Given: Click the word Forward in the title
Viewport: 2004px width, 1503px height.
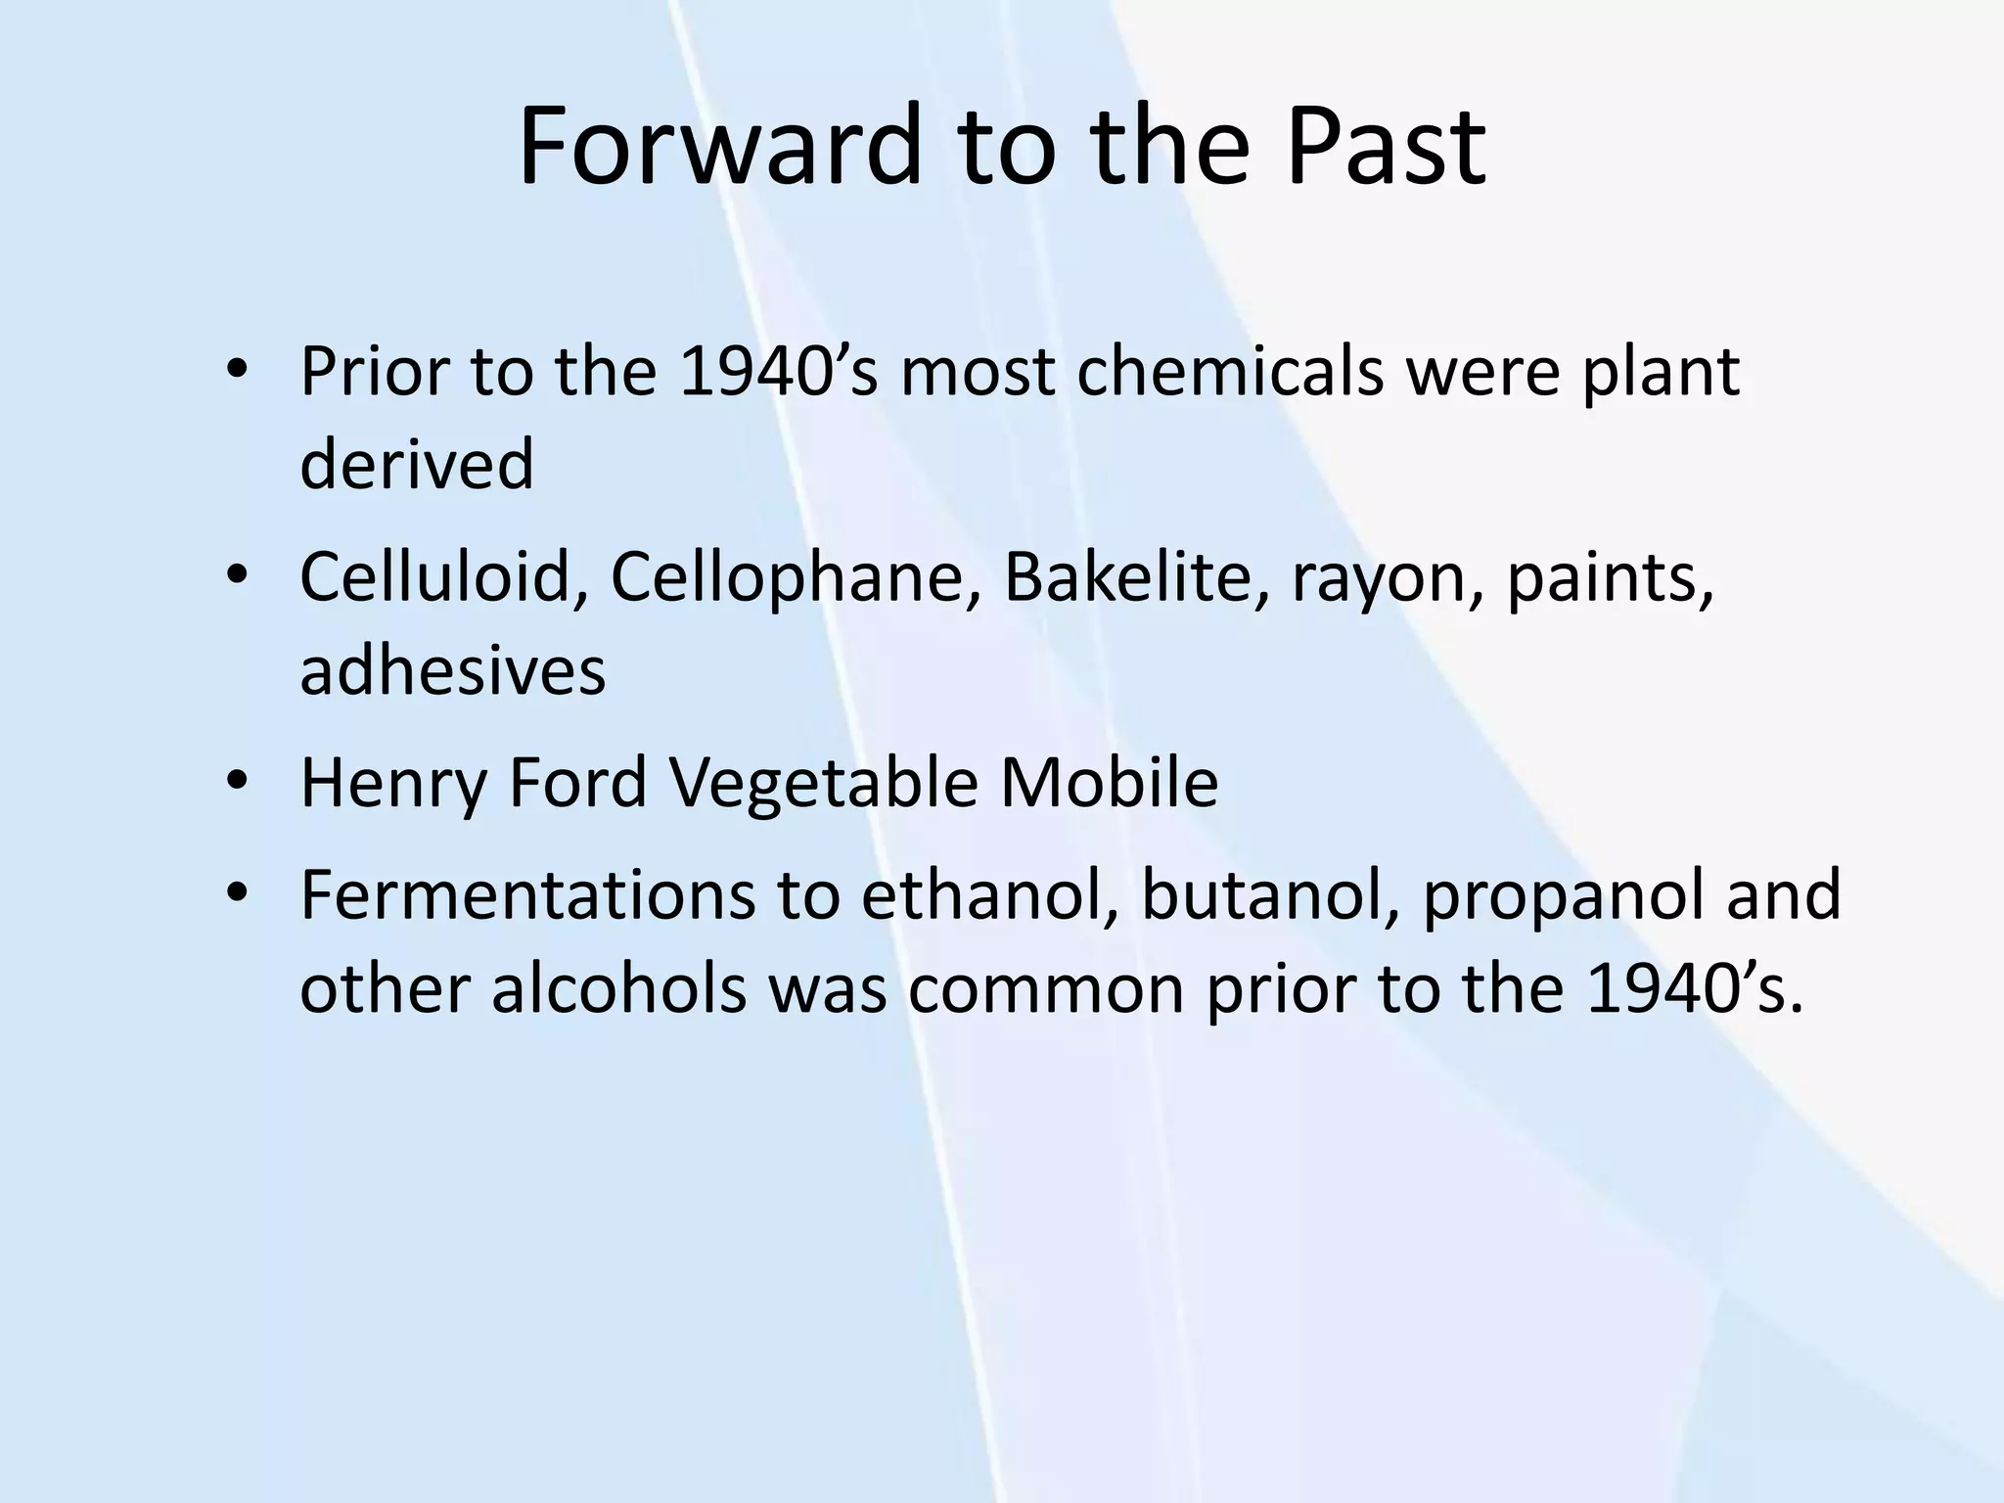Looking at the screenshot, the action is coord(719,147).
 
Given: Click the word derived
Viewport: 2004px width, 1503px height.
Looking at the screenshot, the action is coord(417,464).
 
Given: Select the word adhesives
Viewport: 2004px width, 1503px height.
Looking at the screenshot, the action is coord(452,671).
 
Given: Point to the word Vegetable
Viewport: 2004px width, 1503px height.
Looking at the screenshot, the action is coord(824,785).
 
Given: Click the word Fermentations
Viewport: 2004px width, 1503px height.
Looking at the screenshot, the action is coord(527,896).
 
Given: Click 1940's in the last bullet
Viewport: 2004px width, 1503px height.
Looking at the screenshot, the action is coord(1694,988).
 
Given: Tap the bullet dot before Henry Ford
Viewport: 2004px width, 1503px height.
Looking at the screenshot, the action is coord(238,783).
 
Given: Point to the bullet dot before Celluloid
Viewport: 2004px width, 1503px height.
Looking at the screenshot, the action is coord(238,575).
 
